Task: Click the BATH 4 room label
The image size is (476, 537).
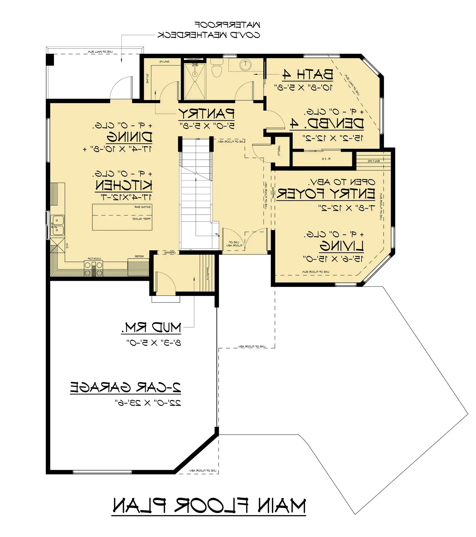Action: tap(308, 75)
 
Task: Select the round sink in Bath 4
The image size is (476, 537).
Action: tap(245, 65)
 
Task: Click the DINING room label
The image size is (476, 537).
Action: tap(129, 137)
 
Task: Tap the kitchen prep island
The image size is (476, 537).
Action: tap(122, 217)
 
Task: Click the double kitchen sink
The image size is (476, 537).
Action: tap(57, 225)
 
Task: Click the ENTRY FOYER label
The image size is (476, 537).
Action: tap(326, 194)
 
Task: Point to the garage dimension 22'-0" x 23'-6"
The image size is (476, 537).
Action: tap(148, 403)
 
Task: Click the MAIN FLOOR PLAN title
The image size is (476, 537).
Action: tap(209, 506)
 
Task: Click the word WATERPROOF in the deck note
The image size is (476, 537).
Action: tap(227, 25)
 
